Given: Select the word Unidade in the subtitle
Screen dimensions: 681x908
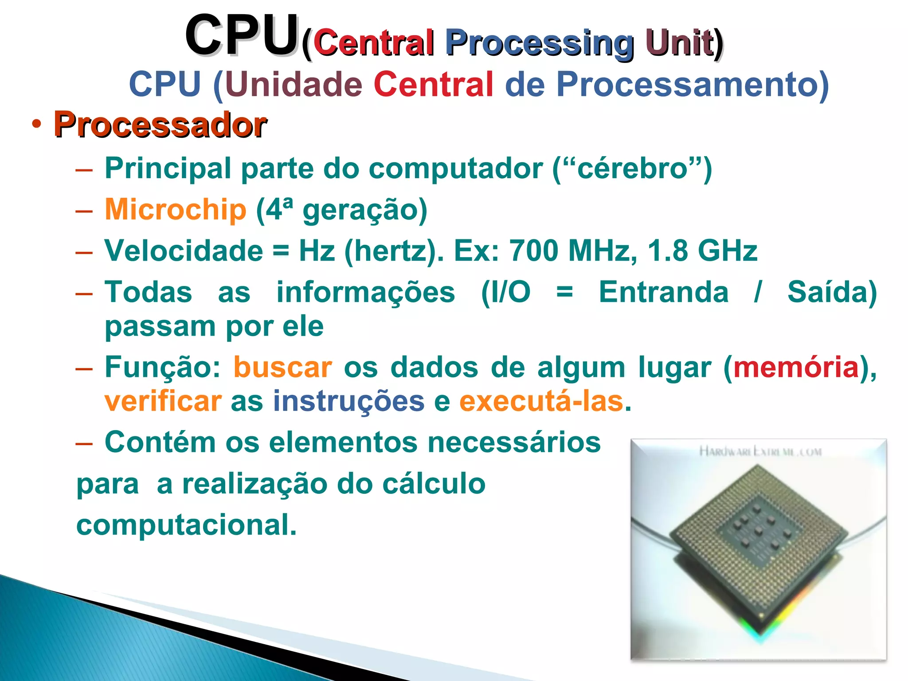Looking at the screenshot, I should click(294, 84).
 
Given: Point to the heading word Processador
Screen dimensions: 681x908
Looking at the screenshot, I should click(160, 125).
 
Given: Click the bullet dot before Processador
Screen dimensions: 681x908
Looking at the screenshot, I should click(36, 124).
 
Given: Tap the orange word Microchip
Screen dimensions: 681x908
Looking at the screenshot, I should click(175, 209).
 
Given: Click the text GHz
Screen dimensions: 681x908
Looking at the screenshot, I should click(727, 251).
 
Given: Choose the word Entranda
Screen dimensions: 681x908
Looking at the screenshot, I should click(663, 292).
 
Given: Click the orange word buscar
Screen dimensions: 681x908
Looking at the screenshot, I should click(282, 368).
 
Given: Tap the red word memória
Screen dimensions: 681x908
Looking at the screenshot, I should click(796, 368).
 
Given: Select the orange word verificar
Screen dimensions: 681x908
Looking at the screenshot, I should click(163, 402).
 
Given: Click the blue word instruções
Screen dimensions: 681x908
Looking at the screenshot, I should click(348, 402).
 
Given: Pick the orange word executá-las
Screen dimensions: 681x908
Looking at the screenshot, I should click(541, 402).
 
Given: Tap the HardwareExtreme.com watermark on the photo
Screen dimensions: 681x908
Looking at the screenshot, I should click(760, 452).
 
